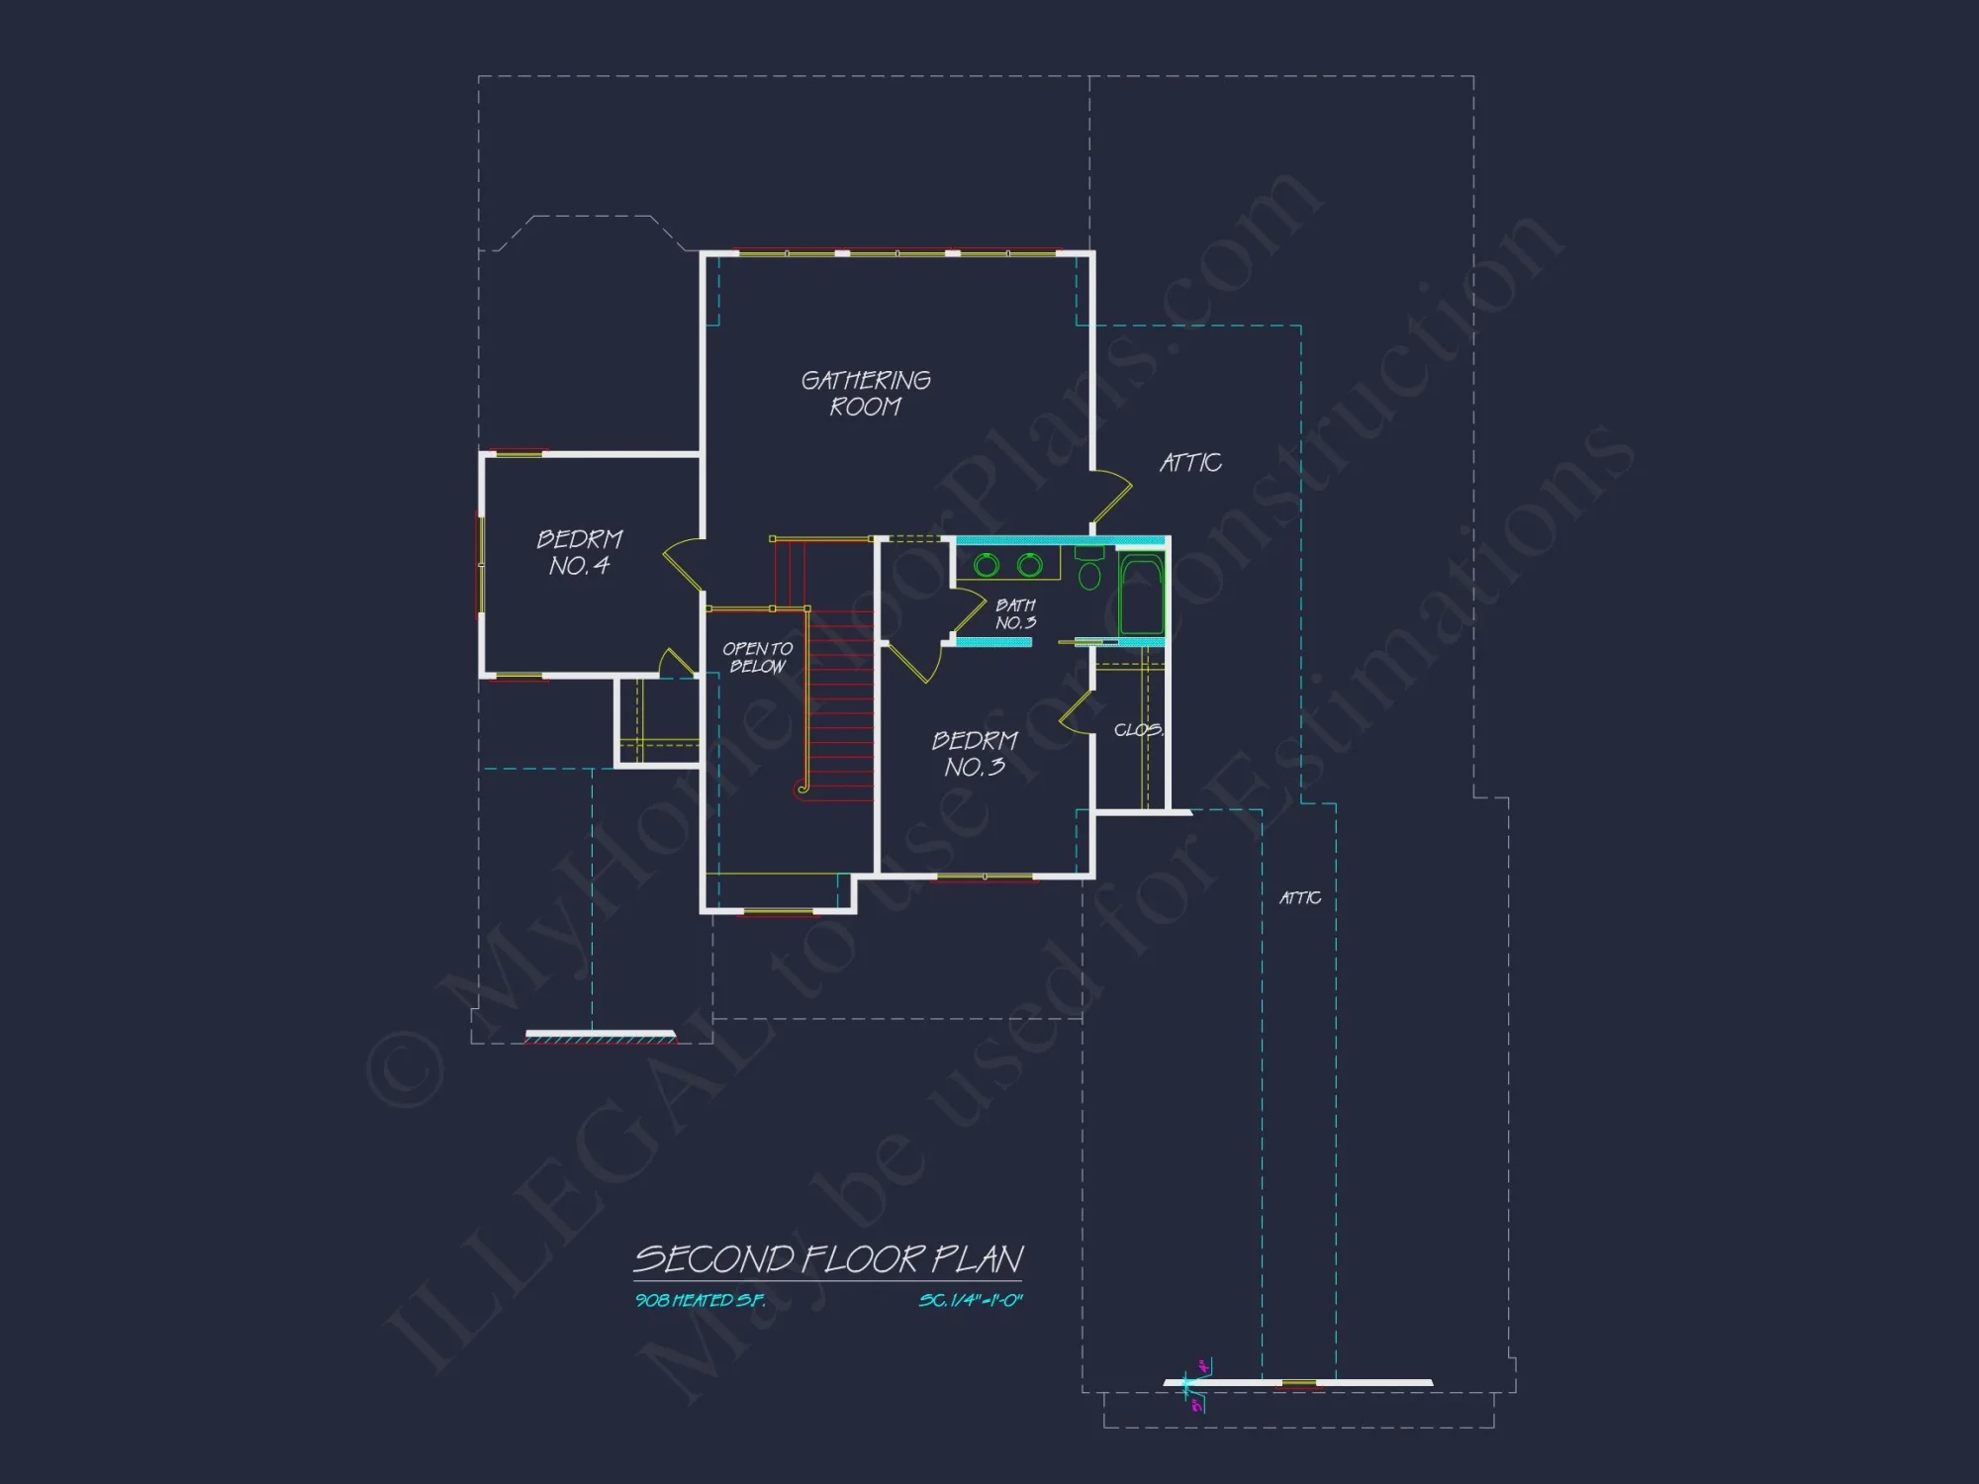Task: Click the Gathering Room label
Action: point(866,393)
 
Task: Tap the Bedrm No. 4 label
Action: point(579,552)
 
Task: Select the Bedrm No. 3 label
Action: point(975,754)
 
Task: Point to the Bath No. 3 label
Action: point(1015,613)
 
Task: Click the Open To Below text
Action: point(757,657)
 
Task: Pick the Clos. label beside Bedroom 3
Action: point(1138,730)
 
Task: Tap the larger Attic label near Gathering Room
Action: point(1190,463)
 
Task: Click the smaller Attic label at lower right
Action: point(1300,897)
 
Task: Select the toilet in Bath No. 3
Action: point(1089,571)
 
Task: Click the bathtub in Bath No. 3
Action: point(1141,596)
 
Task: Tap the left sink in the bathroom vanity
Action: point(987,565)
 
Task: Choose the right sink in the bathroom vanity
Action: point(1030,565)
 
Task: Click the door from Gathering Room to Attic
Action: point(1112,501)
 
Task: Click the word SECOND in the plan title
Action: point(713,1259)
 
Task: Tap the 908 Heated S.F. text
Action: point(700,1301)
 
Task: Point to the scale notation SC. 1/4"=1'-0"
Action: point(970,1301)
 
